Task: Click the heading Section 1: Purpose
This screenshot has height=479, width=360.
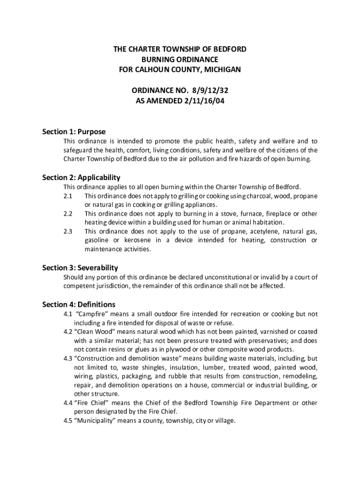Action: coord(74,131)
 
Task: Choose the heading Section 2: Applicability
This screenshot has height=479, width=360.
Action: coord(81,177)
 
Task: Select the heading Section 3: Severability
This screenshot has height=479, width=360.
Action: coord(80,268)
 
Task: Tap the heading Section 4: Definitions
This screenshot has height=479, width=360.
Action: coord(79,304)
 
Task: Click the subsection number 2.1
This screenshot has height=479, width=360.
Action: coord(68,196)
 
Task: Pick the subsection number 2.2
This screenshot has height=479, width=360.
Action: coord(68,213)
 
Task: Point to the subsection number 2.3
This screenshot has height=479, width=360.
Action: coord(68,231)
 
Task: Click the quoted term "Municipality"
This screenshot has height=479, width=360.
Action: coord(96,420)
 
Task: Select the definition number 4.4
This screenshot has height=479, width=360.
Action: coord(68,402)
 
